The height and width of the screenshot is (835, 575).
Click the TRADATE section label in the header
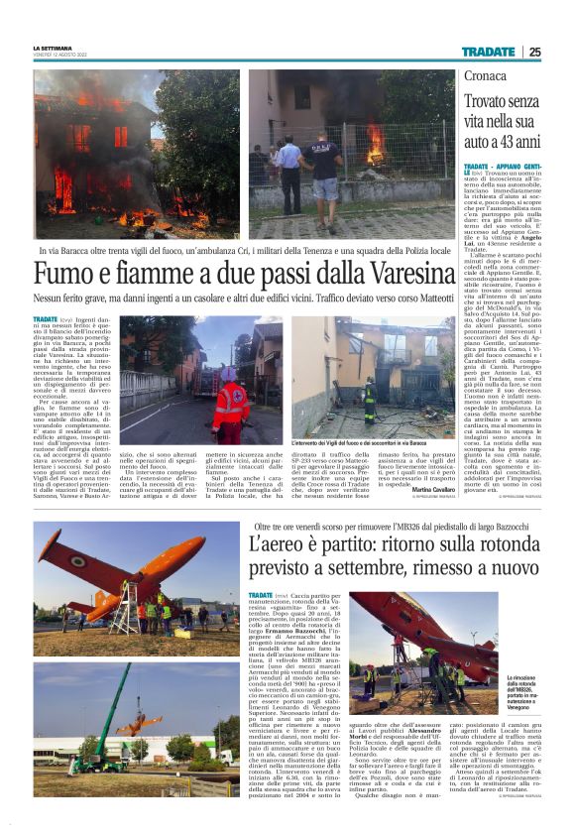pyautogui.click(x=489, y=52)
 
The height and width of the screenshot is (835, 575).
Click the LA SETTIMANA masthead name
pyautogui.click(x=52, y=48)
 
